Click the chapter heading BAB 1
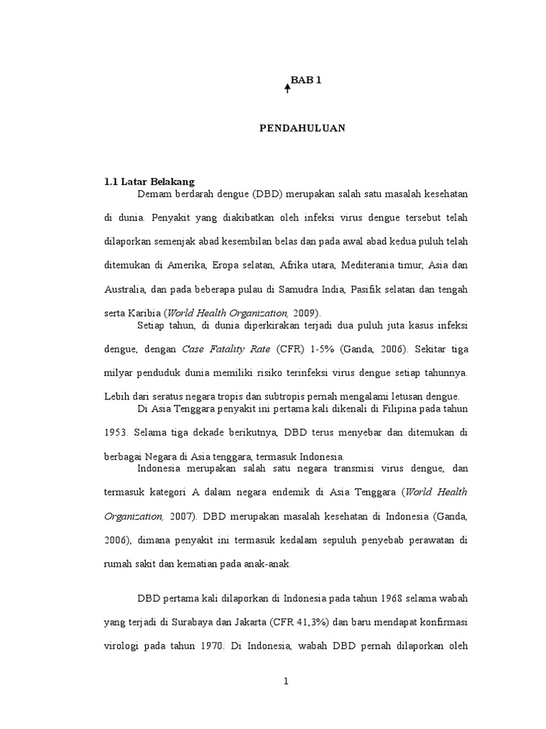point(306,81)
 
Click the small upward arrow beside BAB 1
point(287,88)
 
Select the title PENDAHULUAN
point(301,128)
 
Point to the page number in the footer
point(286,681)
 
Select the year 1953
point(116,432)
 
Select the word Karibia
point(143,313)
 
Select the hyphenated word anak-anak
point(271,564)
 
